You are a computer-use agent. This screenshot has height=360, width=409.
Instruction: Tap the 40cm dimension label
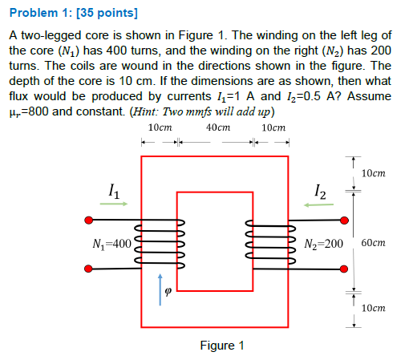tap(218, 128)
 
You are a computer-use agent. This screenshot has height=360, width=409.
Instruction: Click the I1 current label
tap(114, 190)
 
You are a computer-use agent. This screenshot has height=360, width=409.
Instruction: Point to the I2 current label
tap(321, 190)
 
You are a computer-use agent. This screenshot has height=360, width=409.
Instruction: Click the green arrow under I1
tap(114, 204)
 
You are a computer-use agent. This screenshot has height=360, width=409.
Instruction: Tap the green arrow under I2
tap(319, 204)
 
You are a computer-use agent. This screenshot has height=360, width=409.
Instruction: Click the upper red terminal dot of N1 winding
tap(87, 220)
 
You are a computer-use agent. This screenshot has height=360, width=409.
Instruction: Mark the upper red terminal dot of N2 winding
tap(345, 220)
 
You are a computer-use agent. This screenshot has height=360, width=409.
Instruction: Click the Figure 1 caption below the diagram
tap(221, 346)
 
